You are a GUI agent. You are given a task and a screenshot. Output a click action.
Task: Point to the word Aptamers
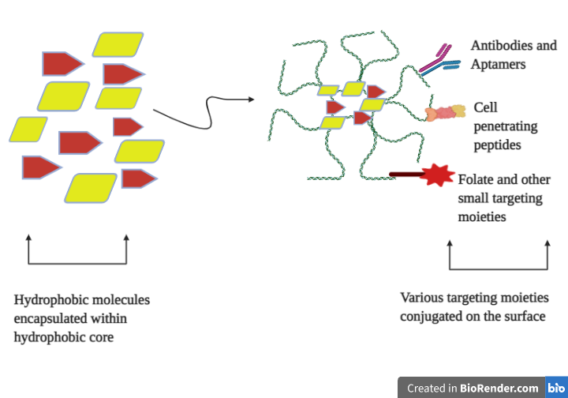click(x=498, y=64)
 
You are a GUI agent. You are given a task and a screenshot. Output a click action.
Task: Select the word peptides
click(x=497, y=145)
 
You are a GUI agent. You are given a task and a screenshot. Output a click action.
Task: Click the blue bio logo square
click(x=556, y=388)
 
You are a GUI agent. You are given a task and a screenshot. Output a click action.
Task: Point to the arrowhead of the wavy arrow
click(x=251, y=99)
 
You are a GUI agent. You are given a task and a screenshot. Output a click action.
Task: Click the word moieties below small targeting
click(x=482, y=216)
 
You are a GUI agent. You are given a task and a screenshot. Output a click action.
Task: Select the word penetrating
click(x=505, y=126)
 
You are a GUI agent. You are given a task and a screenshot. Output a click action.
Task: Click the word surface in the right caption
click(x=525, y=317)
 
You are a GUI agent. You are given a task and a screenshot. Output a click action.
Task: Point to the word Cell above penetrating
click(x=486, y=107)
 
